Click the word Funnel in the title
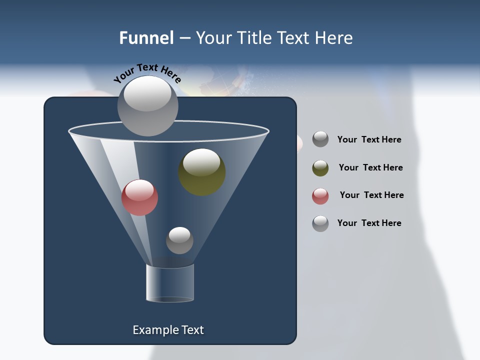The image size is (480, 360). (146, 38)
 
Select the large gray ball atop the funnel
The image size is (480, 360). (148, 105)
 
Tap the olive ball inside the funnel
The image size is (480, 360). (202, 172)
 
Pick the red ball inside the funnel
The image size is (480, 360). (140, 197)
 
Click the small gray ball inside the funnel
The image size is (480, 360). (179, 240)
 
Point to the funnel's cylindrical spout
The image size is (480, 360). (170, 283)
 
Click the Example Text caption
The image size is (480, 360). (168, 330)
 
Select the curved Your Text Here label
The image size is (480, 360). (147, 73)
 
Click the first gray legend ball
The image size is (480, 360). (320, 139)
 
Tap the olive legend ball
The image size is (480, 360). (320, 168)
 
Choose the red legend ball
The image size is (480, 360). (320, 196)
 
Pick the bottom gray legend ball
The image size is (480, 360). (320, 223)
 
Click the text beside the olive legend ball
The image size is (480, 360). (370, 167)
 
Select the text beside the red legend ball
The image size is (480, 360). (371, 195)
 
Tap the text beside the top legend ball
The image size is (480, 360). (369, 139)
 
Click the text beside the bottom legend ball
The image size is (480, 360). (369, 223)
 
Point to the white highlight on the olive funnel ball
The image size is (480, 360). (201, 161)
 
